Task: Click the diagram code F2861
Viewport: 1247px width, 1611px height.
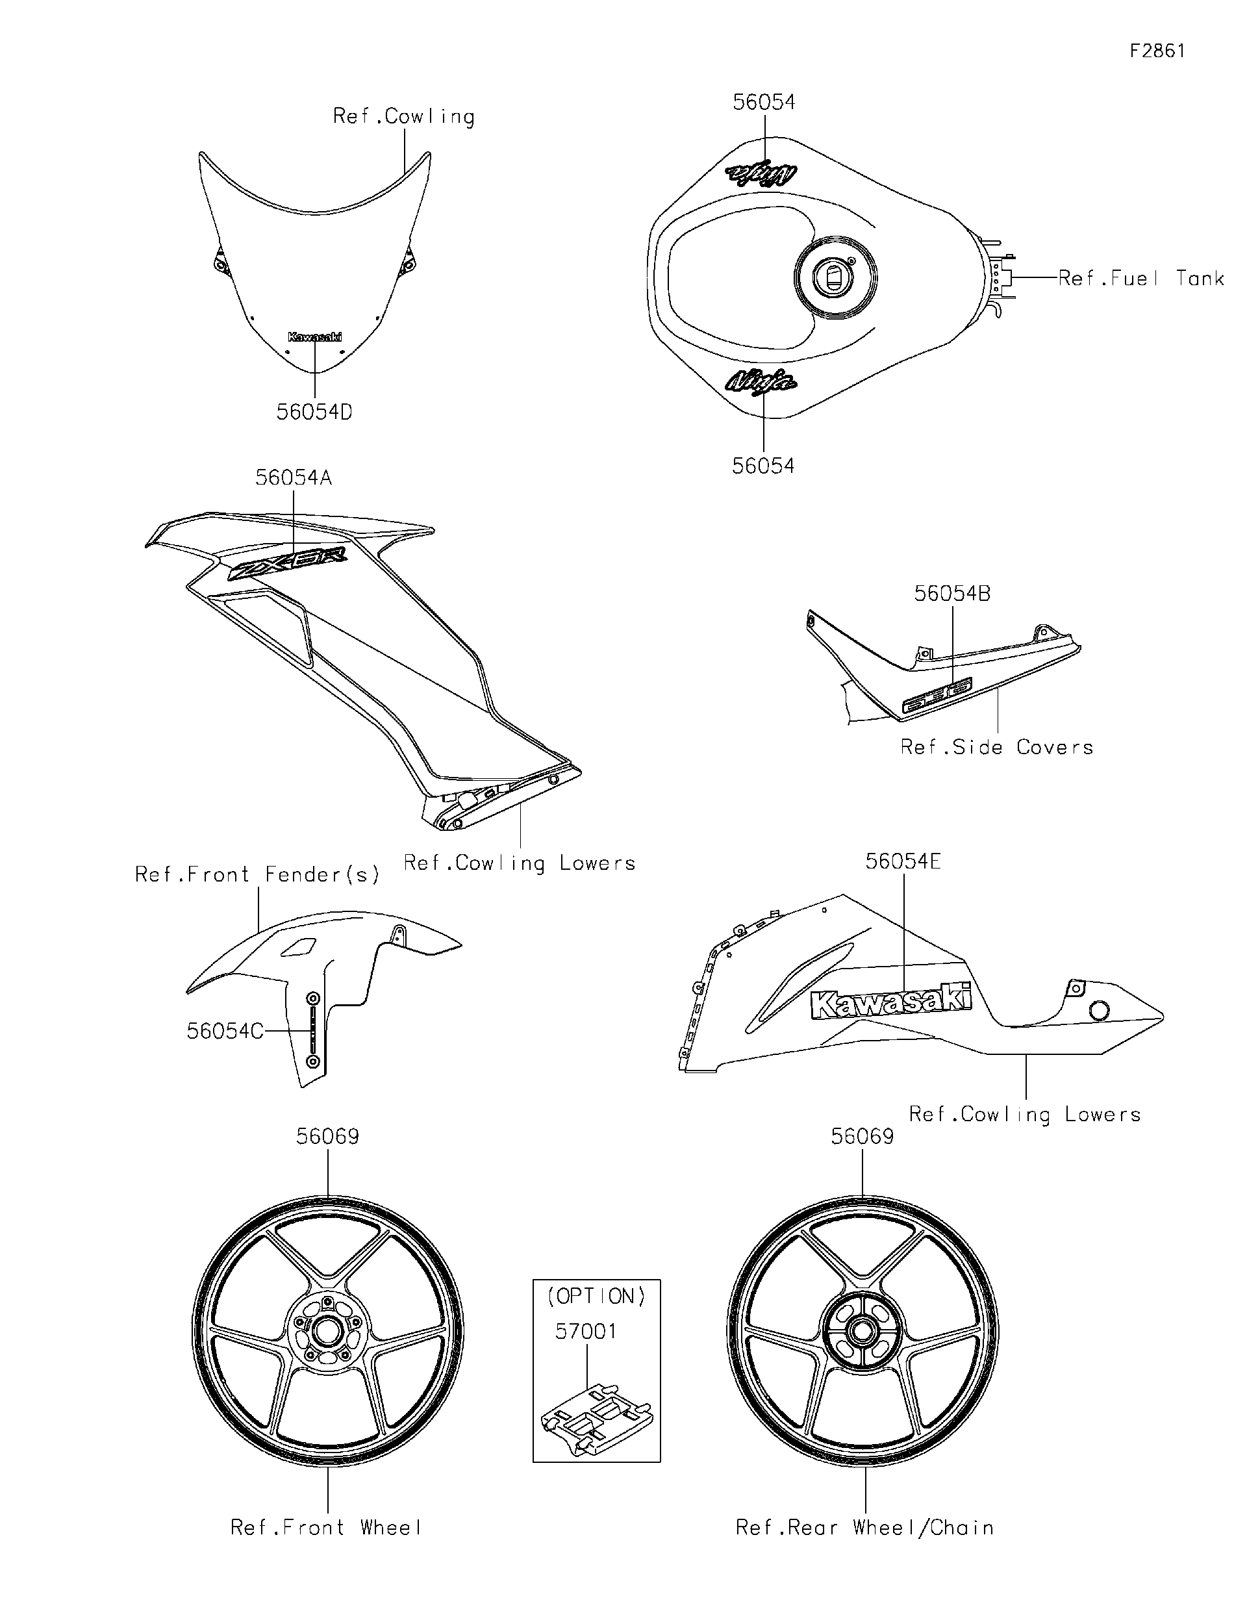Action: pyautogui.click(x=1157, y=51)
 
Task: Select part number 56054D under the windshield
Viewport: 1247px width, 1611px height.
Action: pyautogui.click(x=314, y=412)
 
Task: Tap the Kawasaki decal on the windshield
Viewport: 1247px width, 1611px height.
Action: pyautogui.click(x=315, y=337)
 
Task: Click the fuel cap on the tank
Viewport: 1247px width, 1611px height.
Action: pyautogui.click(x=835, y=277)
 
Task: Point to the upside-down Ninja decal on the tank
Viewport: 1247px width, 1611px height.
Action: pyautogui.click(x=762, y=173)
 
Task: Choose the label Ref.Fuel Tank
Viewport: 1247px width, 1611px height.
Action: pyautogui.click(x=1140, y=279)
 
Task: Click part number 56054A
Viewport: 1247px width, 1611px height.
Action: pyautogui.click(x=294, y=478)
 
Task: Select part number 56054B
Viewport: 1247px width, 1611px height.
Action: pyautogui.click(x=952, y=593)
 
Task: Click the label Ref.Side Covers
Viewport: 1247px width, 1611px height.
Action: pyautogui.click(x=996, y=747)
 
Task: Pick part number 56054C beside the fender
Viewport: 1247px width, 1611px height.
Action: pyautogui.click(x=225, y=1031)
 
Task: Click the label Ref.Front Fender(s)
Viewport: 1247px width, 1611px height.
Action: pyautogui.click(x=257, y=875)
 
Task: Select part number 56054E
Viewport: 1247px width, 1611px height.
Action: pyautogui.click(x=903, y=861)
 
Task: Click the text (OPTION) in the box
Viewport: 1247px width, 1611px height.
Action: pyautogui.click(x=597, y=1297)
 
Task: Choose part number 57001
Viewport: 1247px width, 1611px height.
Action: pyautogui.click(x=586, y=1332)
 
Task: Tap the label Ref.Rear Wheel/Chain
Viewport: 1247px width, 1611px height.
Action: pyautogui.click(x=864, y=1528)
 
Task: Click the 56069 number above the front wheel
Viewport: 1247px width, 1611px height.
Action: pyautogui.click(x=327, y=1137)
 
